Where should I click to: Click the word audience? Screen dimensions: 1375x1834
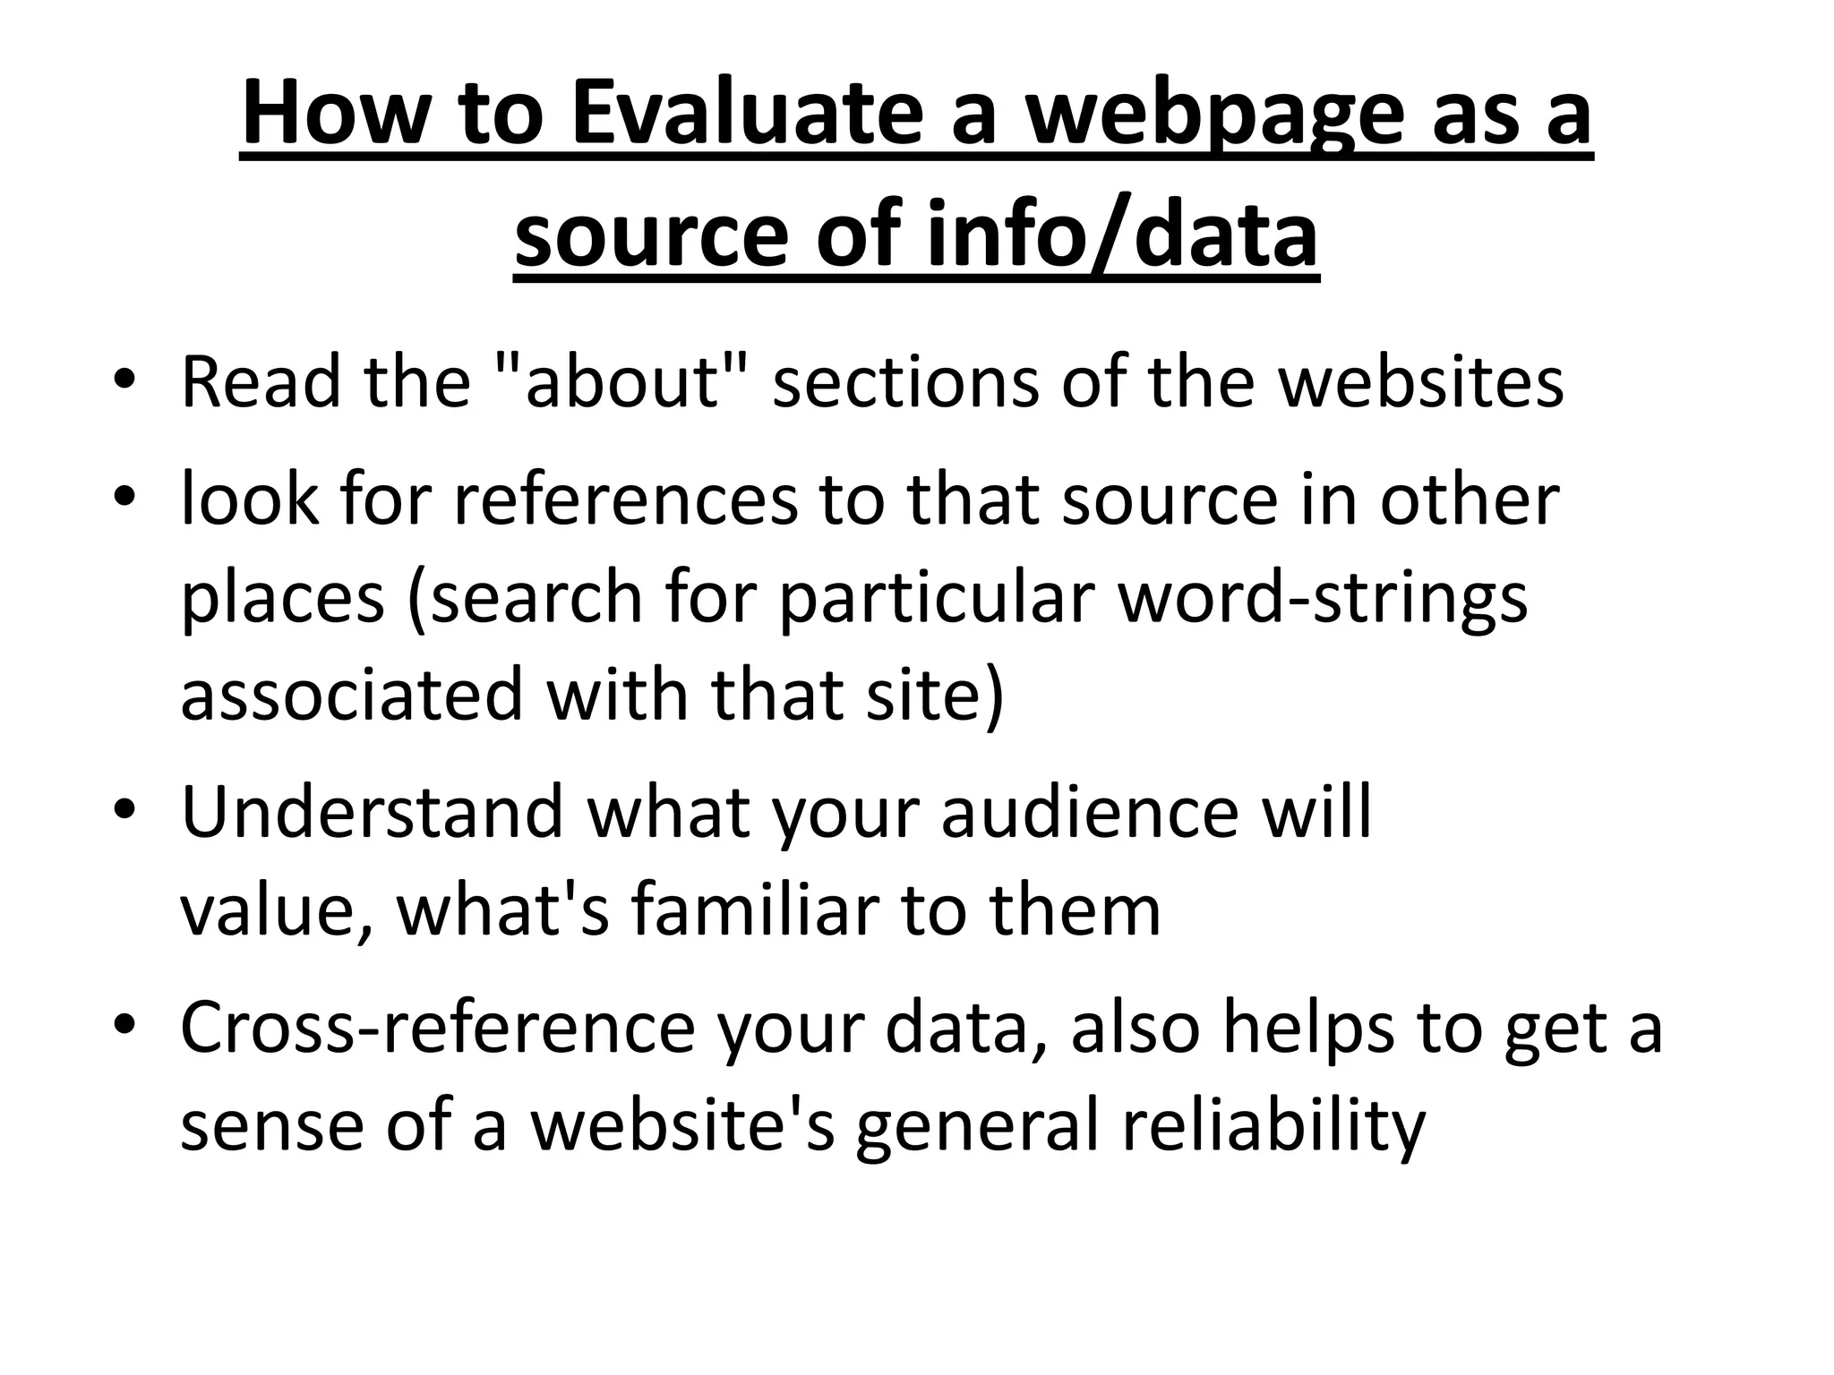click(1089, 812)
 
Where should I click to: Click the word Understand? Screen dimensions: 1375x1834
click(372, 812)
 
